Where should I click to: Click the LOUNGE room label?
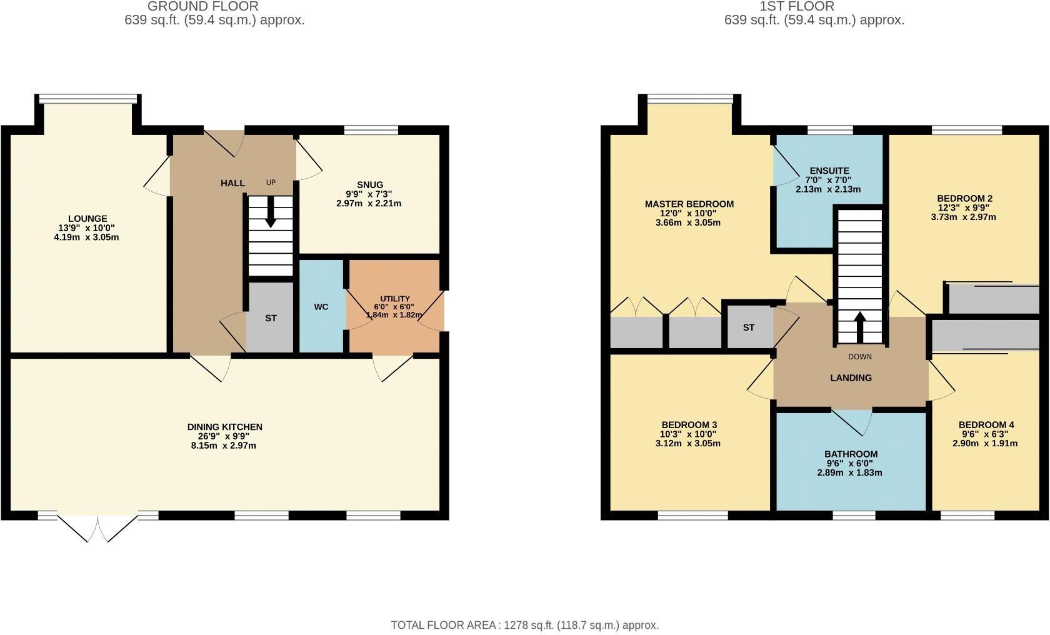tap(87, 219)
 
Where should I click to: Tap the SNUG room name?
tap(370, 184)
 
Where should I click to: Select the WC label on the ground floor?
tap(321, 307)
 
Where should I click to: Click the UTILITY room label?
tap(395, 299)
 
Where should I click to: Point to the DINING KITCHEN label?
tap(224, 427)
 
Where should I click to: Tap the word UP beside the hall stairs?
tap(271, 182)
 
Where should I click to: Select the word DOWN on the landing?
tap(860, 357)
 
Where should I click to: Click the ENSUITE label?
tap(829, 171)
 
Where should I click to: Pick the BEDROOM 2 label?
tap(964, 198)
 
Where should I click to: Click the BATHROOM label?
tap(851, 454)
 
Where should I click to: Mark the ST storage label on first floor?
tap(749, 327)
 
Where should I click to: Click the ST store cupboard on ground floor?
tap(271, 318)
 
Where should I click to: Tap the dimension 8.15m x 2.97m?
tap(224, 446)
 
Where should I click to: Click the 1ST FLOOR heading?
tap(796, 7)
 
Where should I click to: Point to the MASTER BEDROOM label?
tap(689, 204)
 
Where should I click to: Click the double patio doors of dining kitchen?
tap(97, 527)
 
